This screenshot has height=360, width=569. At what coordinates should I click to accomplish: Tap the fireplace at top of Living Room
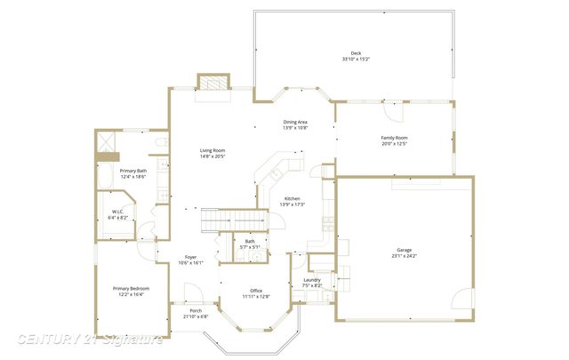(x=213, y=83)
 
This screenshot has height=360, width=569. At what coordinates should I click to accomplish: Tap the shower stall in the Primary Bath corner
(x=106, y=141)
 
